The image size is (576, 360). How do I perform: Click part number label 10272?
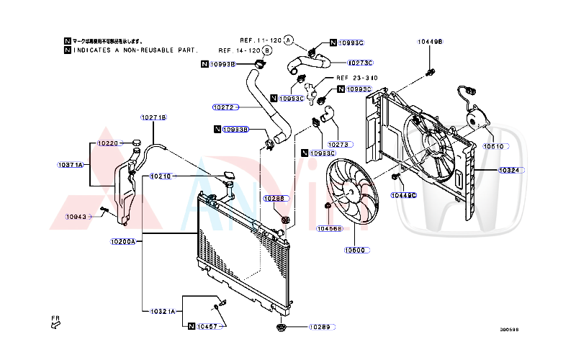pyautogui.click(x=225, y=107)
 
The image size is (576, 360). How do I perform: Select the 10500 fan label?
pyautogui.click(x=356, y=251)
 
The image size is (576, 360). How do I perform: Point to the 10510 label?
pyautogui.click(x=494, y=146)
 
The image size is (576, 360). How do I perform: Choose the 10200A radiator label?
pyautogui.click(x=123, y=241)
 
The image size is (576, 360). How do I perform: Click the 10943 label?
pyautogui.click(x=76, y=216)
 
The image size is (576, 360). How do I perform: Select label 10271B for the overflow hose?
pyautogui.click(x=153, y=117)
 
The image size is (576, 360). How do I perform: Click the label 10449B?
pyautogui.click(x=431, y=42)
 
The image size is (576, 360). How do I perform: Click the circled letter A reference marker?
pyautogui.click(x=288, y=40)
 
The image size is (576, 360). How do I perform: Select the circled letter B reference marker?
pyautogui.click(x=267, y=51)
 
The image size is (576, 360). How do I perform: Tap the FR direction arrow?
pyautogui.click(x=55, y=323)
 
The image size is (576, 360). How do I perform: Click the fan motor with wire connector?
pyautogui.click(x=474, y=115)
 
